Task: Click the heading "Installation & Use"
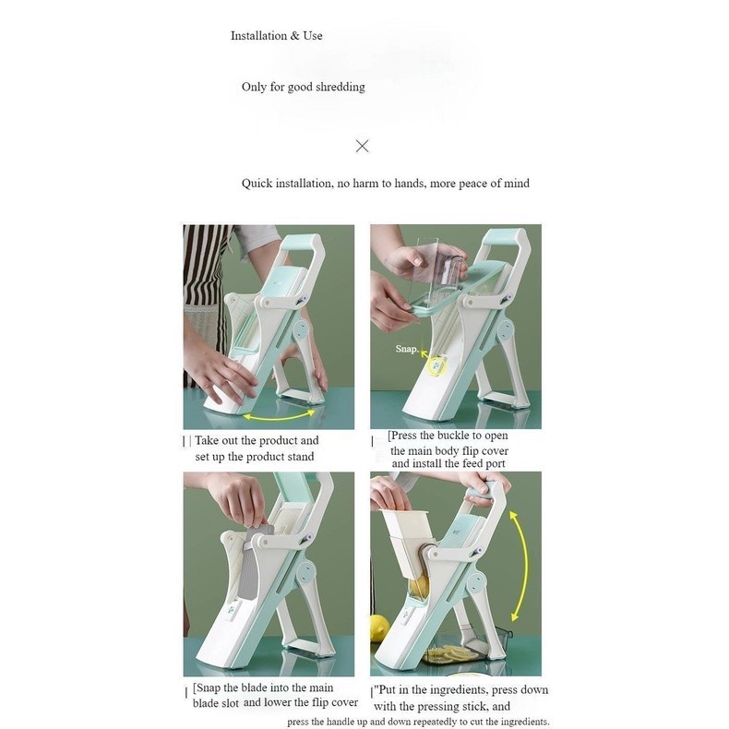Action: pos(276,36)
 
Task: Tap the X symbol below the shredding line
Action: pos(362,146)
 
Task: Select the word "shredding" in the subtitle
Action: pos(341,88)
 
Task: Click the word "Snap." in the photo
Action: pos(407,349)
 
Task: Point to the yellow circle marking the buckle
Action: pos(437,366)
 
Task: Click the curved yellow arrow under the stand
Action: pos(279,415)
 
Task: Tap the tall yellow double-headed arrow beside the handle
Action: pos(520,566)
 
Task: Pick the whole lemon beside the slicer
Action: pos(379,628)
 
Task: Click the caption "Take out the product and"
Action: pos(257,440)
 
